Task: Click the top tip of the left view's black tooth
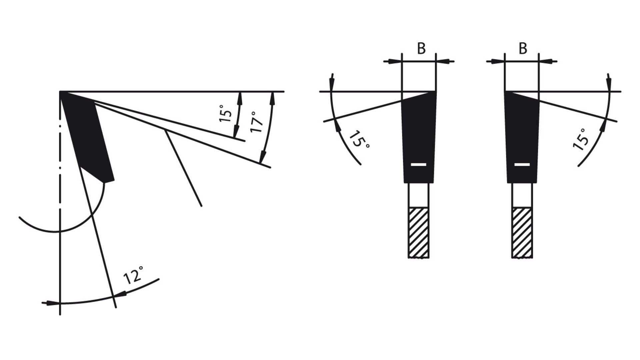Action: click(60, 91)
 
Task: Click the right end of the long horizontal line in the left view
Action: click(284, 91)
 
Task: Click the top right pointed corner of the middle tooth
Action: click(435, 91)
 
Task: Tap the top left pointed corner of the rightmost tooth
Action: click(505, 91)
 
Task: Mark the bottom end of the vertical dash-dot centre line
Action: click(60, 315)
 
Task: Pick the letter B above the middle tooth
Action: click(421, 49)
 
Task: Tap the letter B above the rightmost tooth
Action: click(523, 49)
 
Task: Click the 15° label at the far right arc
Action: click(581, 139)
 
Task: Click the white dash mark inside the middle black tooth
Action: click(419, 164)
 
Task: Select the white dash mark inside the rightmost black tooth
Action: click(522, 164)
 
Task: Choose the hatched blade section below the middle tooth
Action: click(419, 233)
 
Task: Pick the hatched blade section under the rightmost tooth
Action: click(522, 233)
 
